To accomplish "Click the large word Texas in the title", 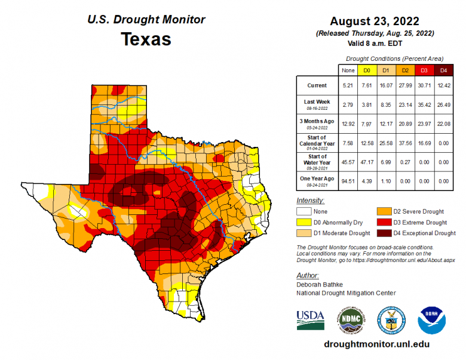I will point(146,39).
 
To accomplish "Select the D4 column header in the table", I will point(443,70).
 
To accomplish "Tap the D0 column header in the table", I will point(367,70).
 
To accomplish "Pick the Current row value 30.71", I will point(424,85).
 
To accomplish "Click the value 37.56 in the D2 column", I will point(404,143).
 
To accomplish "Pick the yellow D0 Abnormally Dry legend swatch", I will point(304,222).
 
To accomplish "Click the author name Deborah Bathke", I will point(319,285).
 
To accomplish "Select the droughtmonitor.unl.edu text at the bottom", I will point(376,344).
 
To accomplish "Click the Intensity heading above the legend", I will point(310,201).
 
